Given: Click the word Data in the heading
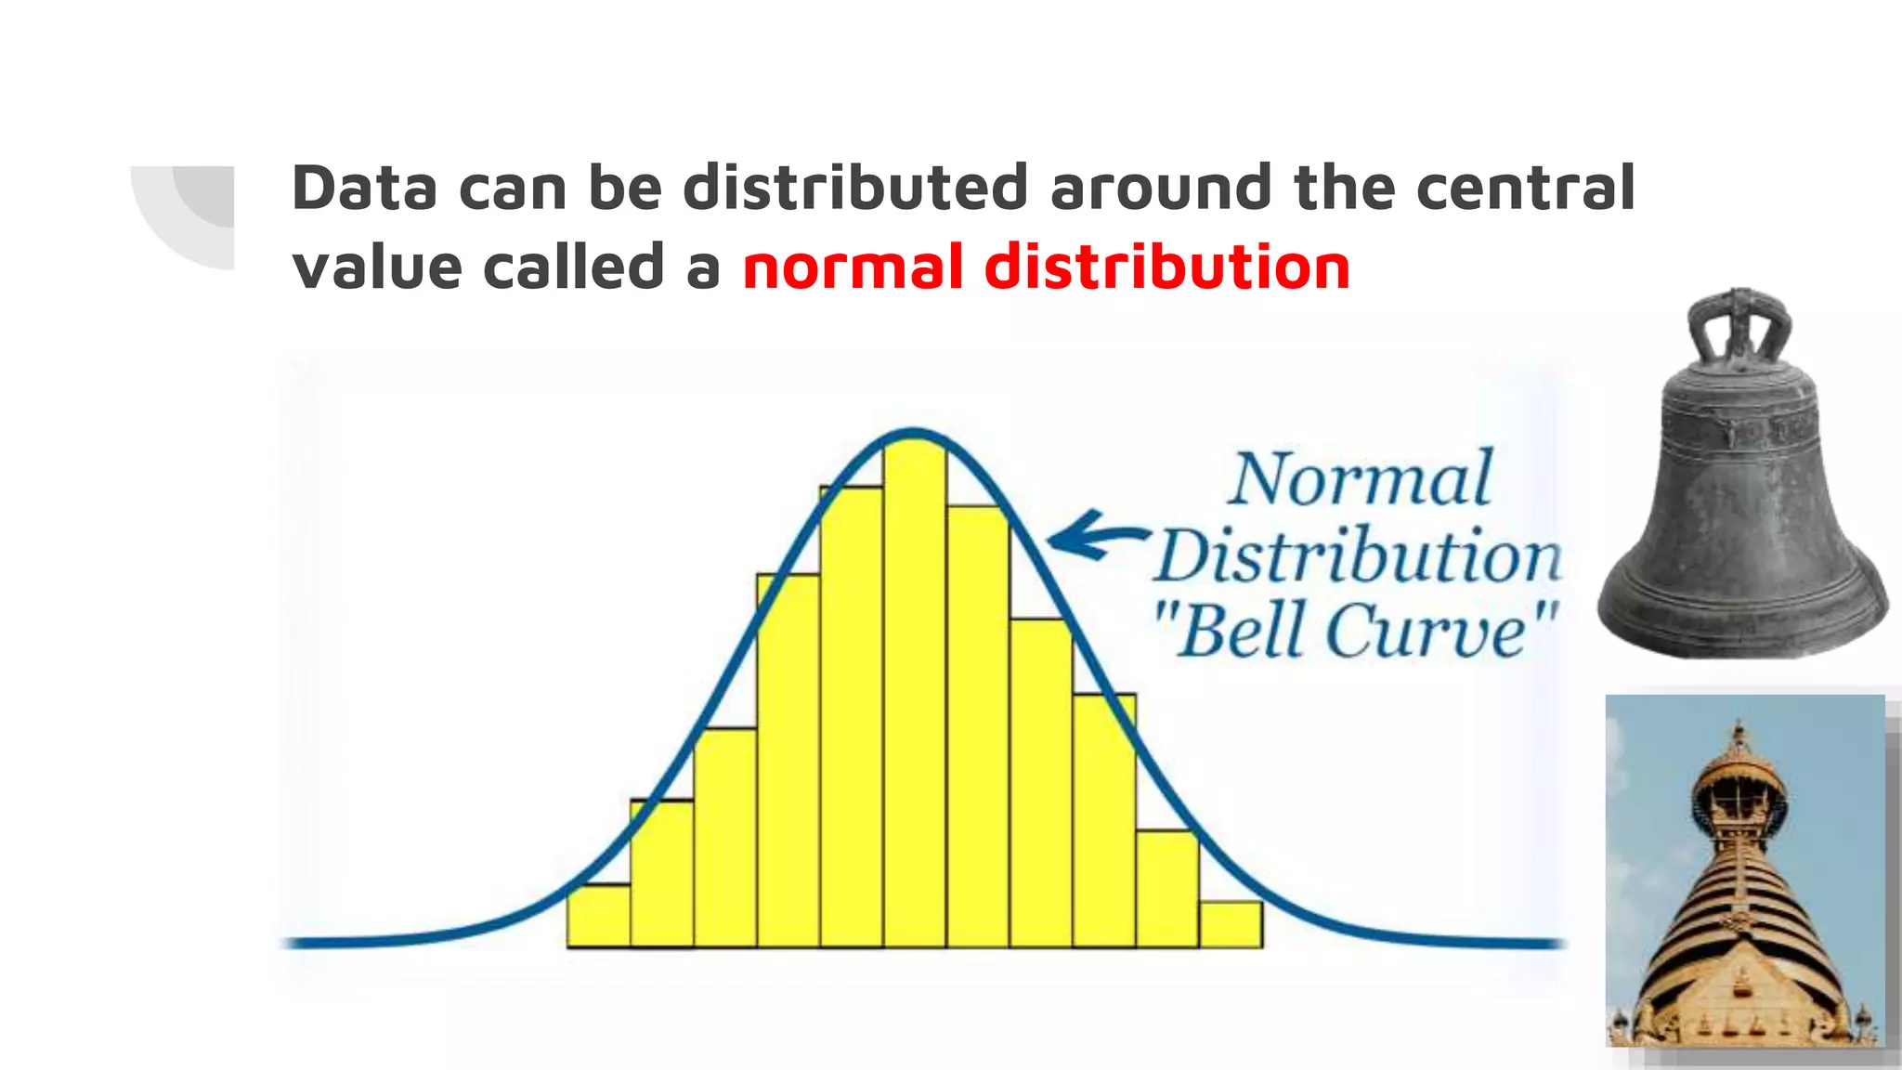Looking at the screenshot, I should (x=364, y=188).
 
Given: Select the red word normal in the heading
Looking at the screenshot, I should (x=852, y=267).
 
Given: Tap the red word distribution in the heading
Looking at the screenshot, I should (x=1166, y=267).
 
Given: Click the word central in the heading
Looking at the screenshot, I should (x=1525, y=188).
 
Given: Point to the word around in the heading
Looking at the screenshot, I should (x=1160, y=188).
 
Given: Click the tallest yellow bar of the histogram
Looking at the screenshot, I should (x=915, y=697).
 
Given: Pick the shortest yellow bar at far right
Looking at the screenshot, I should (x=1231, y=924).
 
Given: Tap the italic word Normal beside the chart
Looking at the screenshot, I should (x=1361, y=480).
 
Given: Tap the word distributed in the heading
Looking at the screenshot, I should (x=855, y=188).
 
